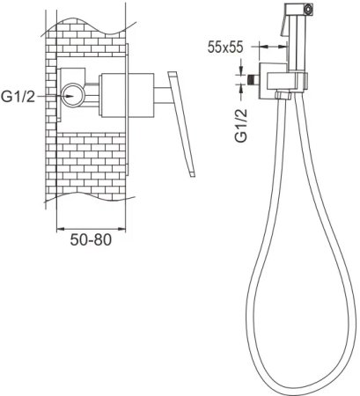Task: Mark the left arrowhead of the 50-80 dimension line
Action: click(59, 224)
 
